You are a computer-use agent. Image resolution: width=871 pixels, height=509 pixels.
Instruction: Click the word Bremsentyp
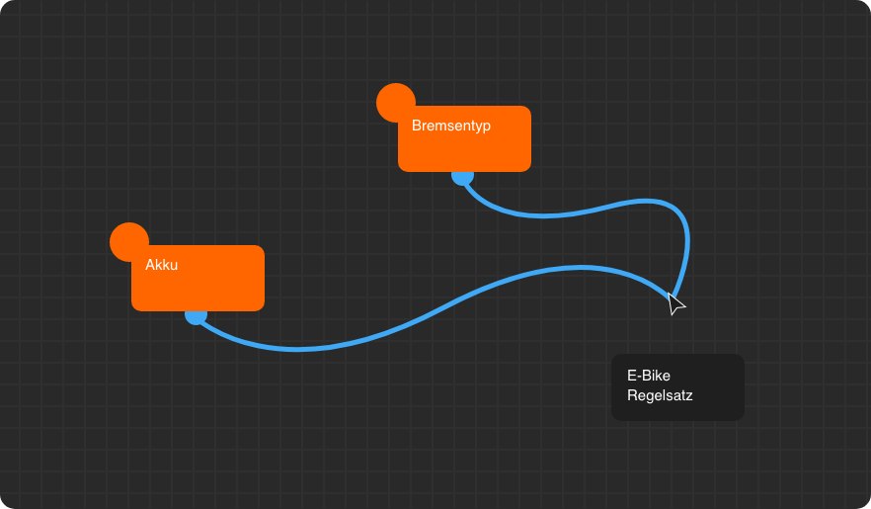click(451, 126)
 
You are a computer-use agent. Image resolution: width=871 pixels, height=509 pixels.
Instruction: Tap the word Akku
click(161, 265)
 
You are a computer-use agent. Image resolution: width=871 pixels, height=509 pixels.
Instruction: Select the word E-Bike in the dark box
click(649, 376)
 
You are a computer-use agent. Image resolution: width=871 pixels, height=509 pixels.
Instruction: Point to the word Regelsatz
click(660, 395)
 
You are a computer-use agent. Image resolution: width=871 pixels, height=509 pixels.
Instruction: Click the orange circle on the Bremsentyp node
click(394, 101)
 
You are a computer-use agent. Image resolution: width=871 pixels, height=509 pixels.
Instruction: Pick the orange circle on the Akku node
click(127, 240)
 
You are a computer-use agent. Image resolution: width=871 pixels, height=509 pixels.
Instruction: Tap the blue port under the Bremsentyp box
click(462, 176)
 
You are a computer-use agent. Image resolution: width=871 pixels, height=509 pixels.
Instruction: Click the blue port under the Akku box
click(196, 315)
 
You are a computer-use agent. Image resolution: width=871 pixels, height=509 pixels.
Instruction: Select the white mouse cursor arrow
click(675, 304)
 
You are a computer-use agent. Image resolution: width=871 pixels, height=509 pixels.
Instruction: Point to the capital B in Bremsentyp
click(417, 126)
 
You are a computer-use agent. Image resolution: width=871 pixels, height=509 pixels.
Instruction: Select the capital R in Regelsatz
click(632, 395)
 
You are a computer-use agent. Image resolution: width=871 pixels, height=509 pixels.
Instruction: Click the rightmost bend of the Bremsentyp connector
click(687, 237)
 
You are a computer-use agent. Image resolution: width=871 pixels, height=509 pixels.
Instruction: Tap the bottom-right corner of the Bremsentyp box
click(527, 168)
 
